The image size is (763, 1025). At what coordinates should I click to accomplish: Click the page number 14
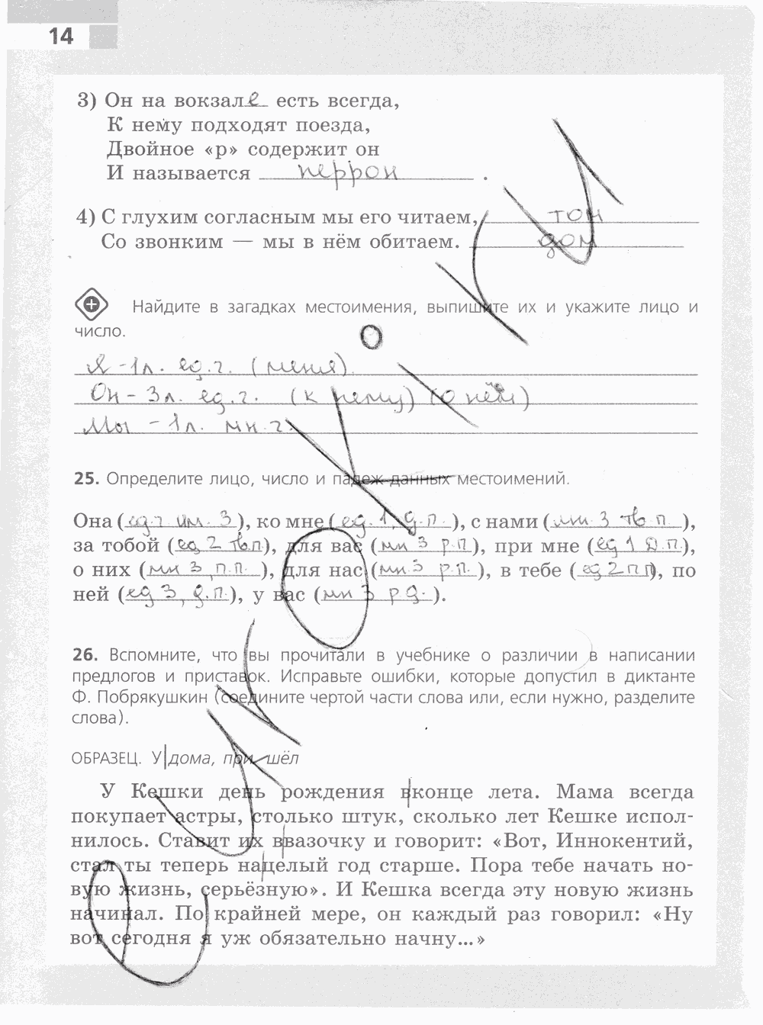pyautogui.click(x=60, y=36)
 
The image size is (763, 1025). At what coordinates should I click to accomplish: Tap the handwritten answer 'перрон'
pyautogui.click(x=349, y=172)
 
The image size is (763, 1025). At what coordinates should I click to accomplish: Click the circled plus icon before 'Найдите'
pyautogui.click(x=91, y=305)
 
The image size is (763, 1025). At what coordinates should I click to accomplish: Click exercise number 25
pyautogui.click(x=85, y=479)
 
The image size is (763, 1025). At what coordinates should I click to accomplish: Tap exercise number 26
pyautogui.click(x=85, y=655)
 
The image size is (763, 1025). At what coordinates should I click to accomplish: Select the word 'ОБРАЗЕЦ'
pyautogui.click(x=105, y=758)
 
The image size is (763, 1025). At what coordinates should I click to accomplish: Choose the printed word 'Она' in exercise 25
pyautogui.click(x=93, y=522)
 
